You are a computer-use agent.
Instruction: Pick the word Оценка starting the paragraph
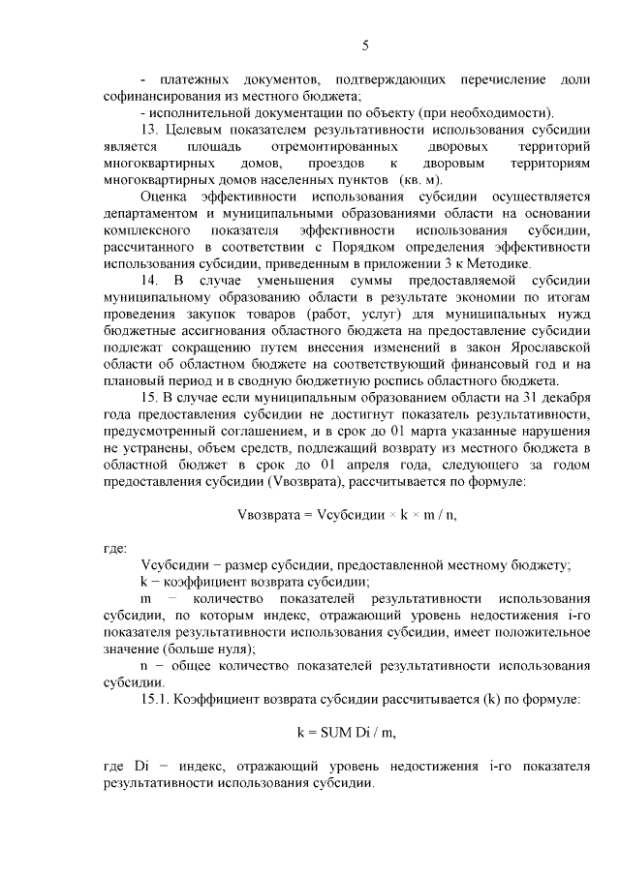point(166,196)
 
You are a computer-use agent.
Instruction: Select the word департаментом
point(151,213)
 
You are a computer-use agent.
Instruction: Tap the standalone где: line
point(114,549)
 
